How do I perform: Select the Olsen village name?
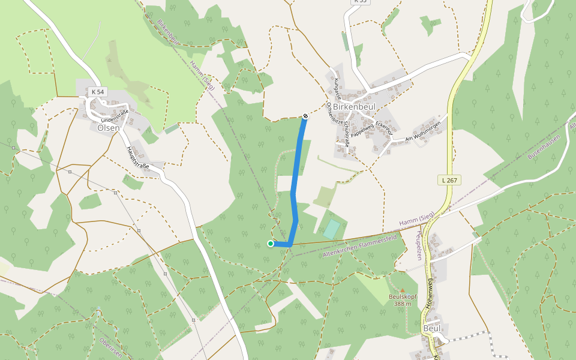[x=109, y=127]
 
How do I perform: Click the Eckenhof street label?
[x=384, y=128]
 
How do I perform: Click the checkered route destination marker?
[x=305, y=116]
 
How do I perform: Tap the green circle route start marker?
[x=271, y=244]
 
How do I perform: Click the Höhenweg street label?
[x=430, y=293]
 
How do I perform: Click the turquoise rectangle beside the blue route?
[x=331, y=229]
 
